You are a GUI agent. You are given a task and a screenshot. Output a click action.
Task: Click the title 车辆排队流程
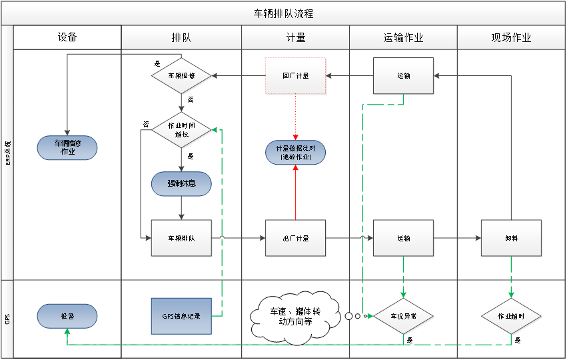283,13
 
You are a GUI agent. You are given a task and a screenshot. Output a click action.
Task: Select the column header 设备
67,37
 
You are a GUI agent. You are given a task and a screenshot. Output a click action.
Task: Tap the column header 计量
295,37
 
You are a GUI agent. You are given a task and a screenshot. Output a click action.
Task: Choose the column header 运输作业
403,37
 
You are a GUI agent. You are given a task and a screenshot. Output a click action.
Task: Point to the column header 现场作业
511,37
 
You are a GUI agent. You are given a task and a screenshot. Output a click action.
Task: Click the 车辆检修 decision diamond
181,76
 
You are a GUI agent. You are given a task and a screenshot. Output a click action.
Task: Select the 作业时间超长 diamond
181,129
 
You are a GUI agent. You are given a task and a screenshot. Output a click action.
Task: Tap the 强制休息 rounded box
181,183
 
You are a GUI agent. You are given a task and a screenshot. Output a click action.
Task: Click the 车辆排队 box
181,238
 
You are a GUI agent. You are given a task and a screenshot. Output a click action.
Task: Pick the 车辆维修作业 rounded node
67,147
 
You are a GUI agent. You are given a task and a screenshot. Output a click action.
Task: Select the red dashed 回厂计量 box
296,76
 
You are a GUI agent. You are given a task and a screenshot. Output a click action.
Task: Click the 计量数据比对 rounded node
296,153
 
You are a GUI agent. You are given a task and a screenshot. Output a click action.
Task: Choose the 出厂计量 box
296,238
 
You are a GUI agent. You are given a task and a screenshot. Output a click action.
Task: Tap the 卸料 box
511,238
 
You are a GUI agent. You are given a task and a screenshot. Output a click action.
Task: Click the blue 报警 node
67,316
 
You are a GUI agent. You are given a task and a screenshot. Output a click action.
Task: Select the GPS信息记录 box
181,316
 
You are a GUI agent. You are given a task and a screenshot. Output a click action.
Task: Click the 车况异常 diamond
404,316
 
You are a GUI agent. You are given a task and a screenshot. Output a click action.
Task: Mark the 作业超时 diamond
511,316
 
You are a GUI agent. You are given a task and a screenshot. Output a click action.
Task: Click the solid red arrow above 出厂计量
296,193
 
